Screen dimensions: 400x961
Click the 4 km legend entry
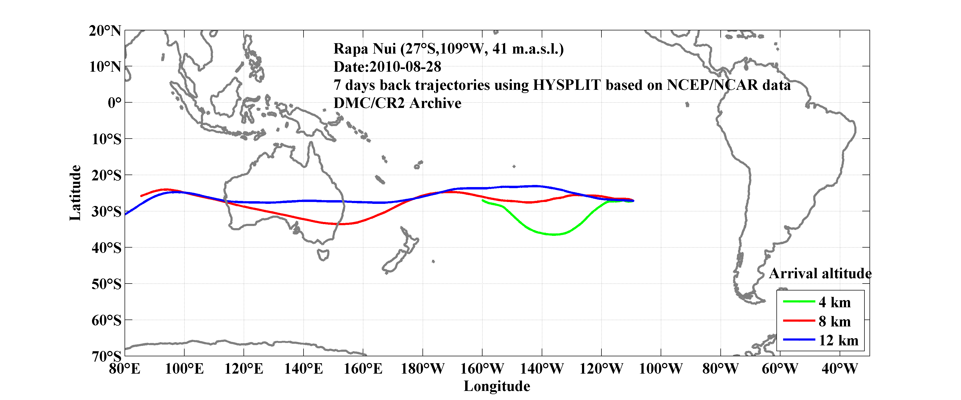pyautogui.click(x=835, y=302)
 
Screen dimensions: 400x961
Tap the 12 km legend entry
pyautogui.click(x=838, y=340)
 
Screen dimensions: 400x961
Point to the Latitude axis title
pyautogui.click(x=75, y=193)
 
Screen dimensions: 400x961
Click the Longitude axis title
pyautogui.click(x=497, y=386)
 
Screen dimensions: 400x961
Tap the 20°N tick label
pyautogui.click(x=105, y=31)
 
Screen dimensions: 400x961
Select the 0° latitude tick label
pyautogui.click(x=114, y=103)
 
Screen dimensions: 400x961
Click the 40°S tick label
pyautogui.click(x=106, y=248)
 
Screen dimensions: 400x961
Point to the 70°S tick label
pyautogui.click(x=106, y=356)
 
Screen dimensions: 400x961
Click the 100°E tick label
pyautogui.click(x=184, y=369)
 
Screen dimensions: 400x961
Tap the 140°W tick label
pyautogui.click(x=542, y=369)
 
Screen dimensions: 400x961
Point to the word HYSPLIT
pyautogui.click(x=566, y=85)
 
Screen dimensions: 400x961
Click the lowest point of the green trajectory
pyautogui.click(x=554, y=235)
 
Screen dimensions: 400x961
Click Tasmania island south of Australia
pyautogui.click(x=323, y=255)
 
